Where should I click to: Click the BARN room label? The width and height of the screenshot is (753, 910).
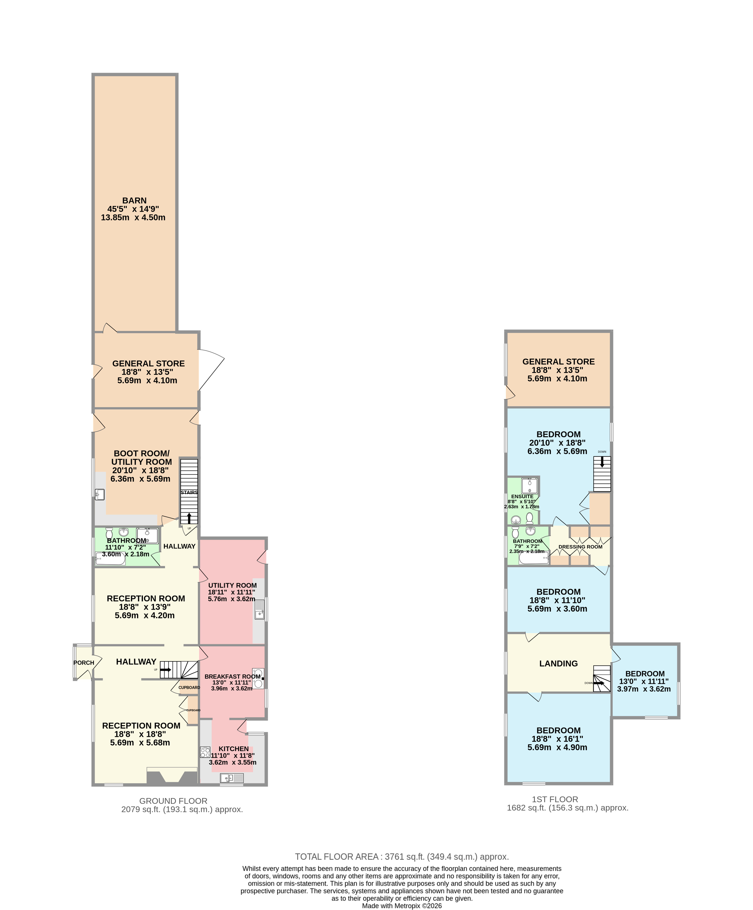pyautogui.click(x=134, y=201)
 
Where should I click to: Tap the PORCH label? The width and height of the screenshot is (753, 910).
pyautogui.click(x=84, y=663)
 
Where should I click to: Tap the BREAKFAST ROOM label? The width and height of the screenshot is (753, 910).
pyautogui.click(x=233, y=676)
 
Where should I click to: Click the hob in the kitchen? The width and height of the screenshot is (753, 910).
pyautogui.click(x=205, y=752)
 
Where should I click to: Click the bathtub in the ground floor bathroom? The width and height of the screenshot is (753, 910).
pyautogui.click(x=110, y=558)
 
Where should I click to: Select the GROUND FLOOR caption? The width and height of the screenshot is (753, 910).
pyautogui.click(x=173, y=801)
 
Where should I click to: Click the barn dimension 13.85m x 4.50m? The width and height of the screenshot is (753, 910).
pyautogui.click(x=133, y=217)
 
